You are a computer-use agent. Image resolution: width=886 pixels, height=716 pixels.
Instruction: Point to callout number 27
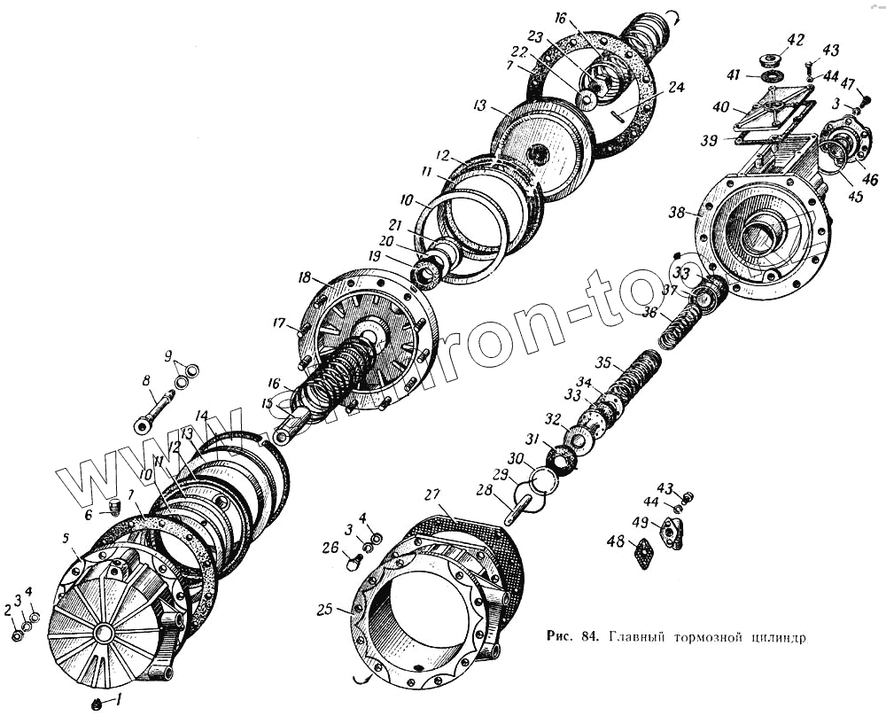tap(431, 494)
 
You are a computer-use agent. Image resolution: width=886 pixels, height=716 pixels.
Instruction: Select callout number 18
tap(305, 278)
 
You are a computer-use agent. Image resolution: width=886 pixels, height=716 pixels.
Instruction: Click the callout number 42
tap(796, 40)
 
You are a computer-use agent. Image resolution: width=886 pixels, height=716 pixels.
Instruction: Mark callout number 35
tap(603, 362)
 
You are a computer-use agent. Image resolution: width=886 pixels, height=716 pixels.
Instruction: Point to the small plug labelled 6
tap(113, 507)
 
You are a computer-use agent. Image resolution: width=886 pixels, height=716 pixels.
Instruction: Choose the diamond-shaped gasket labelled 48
tap(644, 554)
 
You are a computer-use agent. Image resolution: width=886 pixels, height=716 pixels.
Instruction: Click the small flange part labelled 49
tap(672, 533)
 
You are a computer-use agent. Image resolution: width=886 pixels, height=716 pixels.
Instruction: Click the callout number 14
tap(202, 415)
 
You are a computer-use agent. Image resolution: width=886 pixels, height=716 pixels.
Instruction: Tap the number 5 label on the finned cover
tap(65, 537)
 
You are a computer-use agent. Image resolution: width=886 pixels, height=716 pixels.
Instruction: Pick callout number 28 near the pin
tap(485, 489)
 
